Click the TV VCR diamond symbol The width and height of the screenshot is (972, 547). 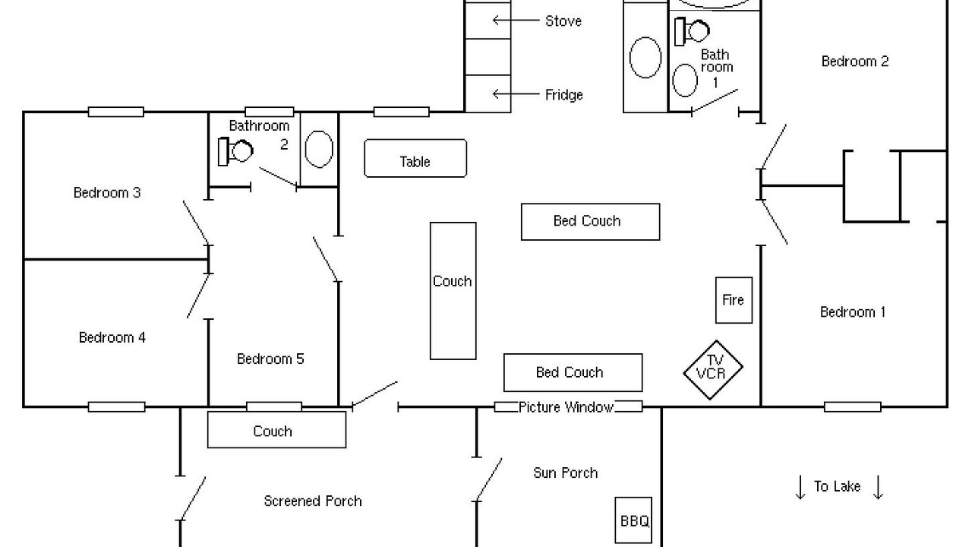712,370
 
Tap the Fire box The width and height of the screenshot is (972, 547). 734,300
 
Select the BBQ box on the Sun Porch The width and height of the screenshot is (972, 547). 633,520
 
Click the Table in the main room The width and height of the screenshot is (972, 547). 415,159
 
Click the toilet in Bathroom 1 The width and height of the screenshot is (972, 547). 693,31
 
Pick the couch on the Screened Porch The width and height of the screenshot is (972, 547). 276,430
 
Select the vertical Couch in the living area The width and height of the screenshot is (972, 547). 453,290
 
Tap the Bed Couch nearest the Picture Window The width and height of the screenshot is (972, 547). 573,372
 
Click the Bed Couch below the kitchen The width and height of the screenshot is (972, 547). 590,222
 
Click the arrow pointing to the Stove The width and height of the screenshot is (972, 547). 500,20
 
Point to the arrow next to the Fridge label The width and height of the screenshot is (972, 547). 500,94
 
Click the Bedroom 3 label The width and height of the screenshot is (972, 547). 106,193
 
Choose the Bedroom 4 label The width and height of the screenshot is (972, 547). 112,337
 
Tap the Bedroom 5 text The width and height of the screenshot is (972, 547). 270,359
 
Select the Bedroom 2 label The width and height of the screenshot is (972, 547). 855,62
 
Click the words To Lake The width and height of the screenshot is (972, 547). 837,486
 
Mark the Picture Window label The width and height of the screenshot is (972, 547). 566,407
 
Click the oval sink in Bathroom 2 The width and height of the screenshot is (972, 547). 319,149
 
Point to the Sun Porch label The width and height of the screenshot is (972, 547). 565,473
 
